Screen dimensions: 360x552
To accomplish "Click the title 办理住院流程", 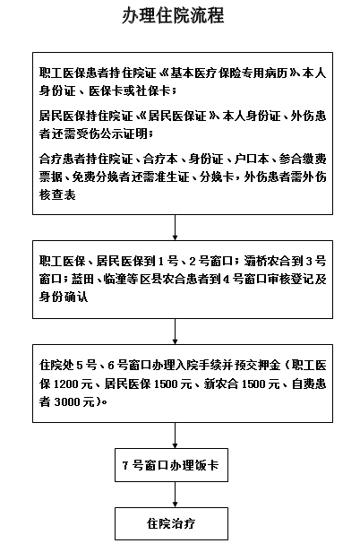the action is coord(173,16).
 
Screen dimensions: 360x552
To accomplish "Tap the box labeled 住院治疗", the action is coord(171,523).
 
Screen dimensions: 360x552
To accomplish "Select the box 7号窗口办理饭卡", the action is coord(171,465).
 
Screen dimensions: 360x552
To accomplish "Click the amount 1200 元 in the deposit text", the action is coord(73,384).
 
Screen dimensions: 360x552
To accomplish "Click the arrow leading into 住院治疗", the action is coord(175,495).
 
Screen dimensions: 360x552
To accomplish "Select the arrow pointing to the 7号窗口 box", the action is coord(175,436).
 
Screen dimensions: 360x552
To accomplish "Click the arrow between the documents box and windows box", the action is coord(175,228).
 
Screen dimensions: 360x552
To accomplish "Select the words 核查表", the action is coord(57,194).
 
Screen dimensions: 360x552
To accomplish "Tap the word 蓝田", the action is coord(82,279).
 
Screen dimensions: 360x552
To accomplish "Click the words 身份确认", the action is coord(64,297).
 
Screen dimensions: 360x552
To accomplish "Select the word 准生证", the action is coord(172,177).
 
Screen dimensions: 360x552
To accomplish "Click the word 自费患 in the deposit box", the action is coord(309,384).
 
